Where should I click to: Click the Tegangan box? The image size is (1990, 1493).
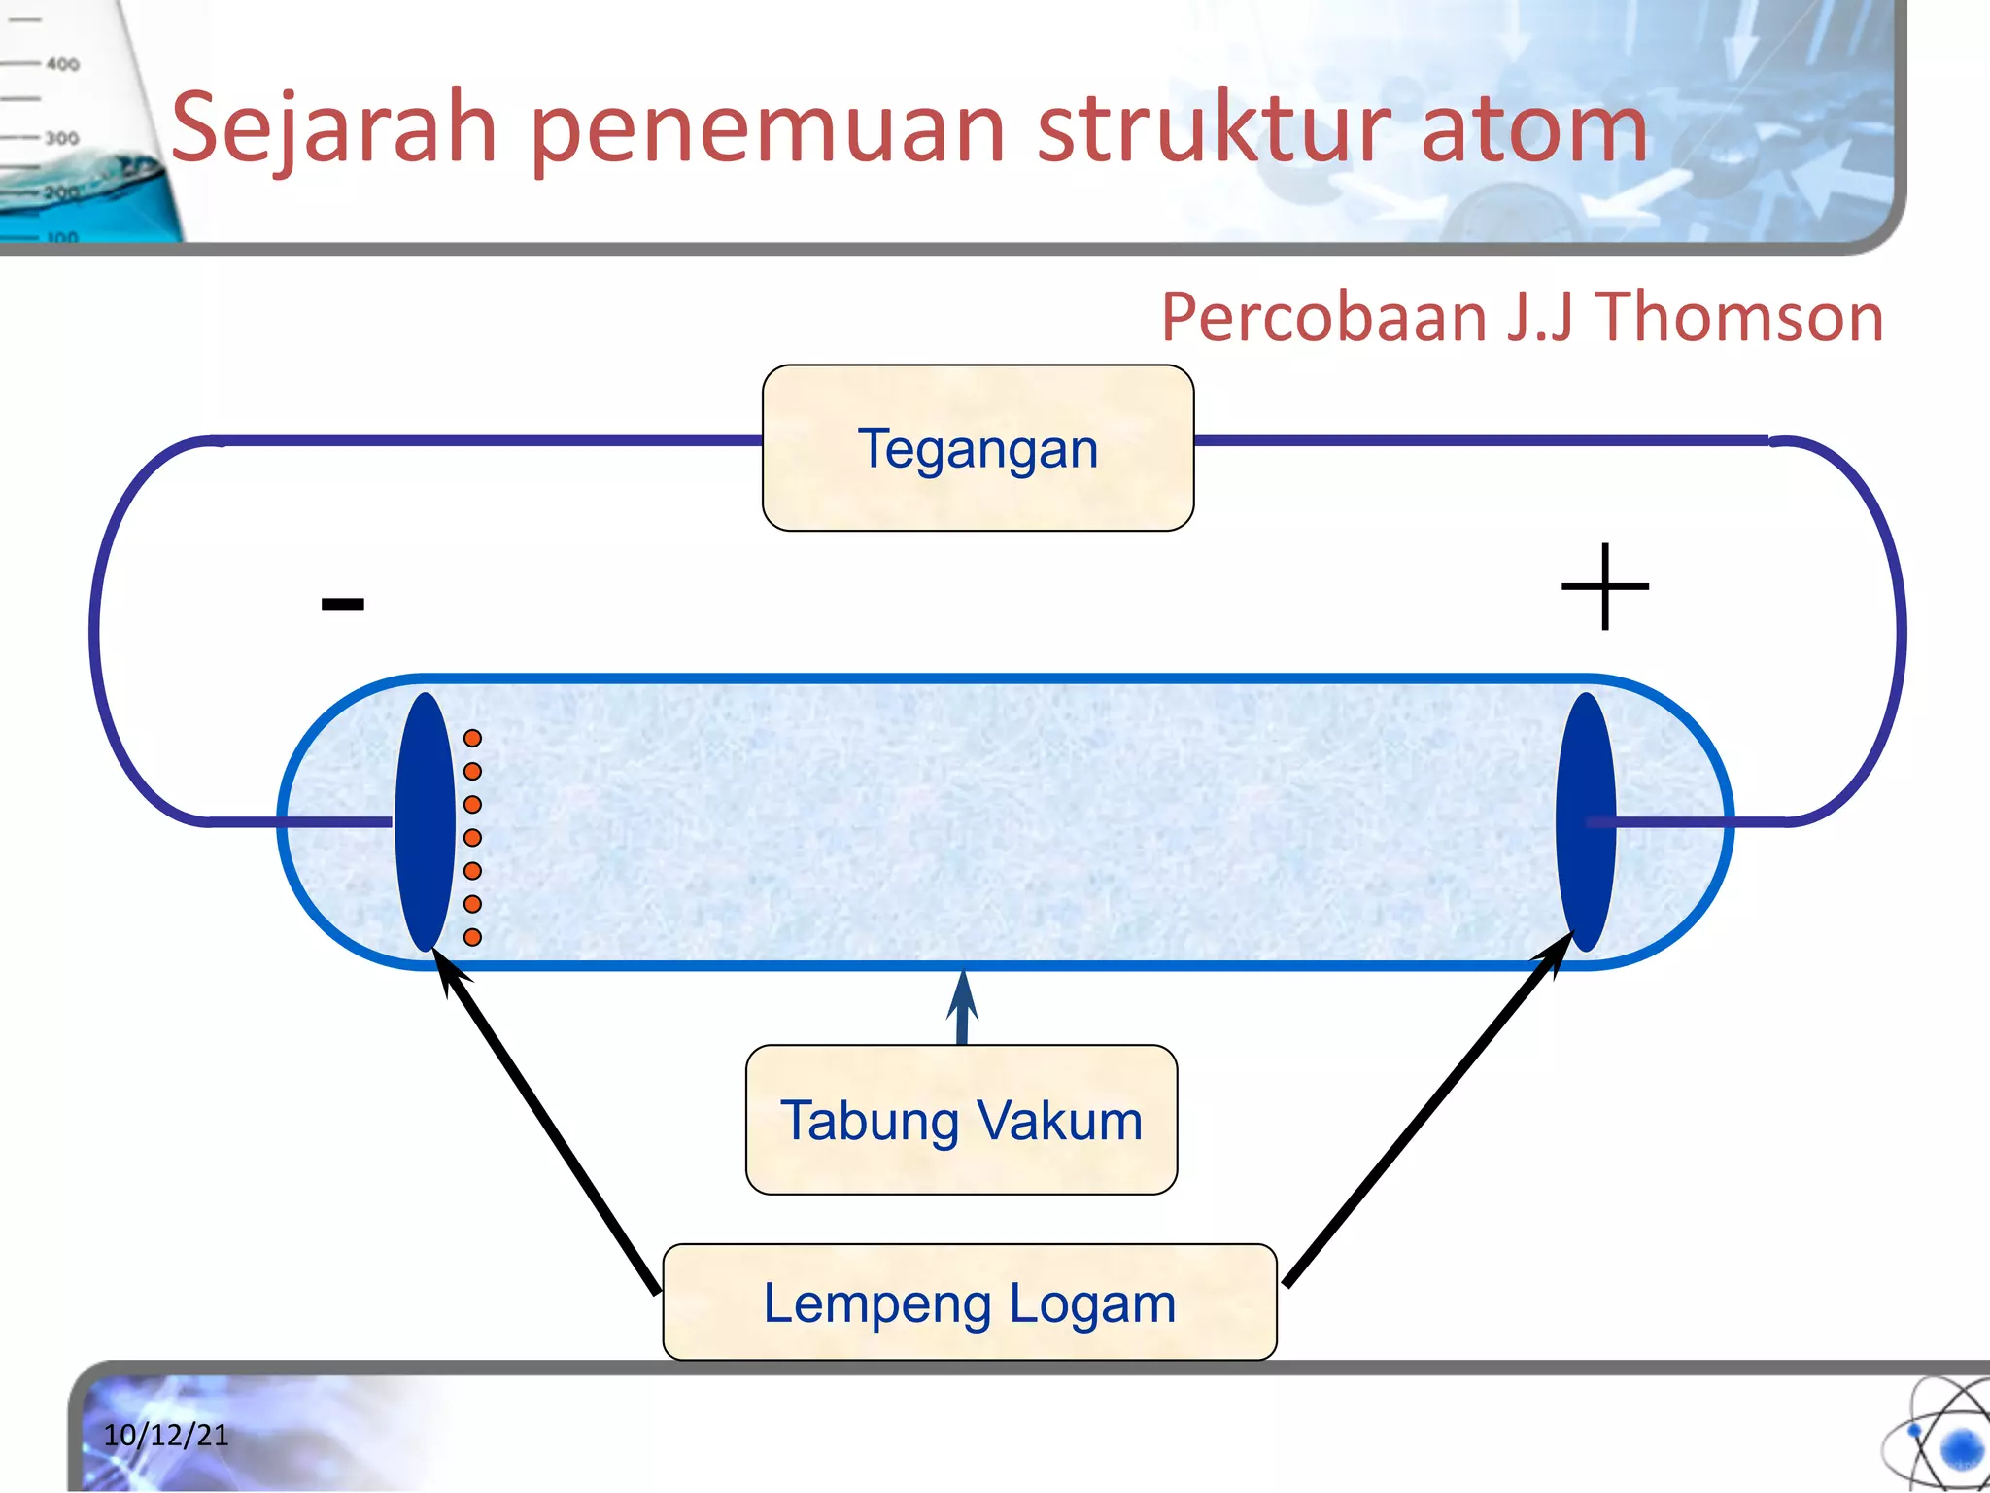pyautogui.click(x=978, y=448)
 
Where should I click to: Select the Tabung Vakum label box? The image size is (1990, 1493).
pyautogui.click(x=961, y=1120)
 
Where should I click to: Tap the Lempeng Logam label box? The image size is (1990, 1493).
pyautogui.click(x=969, y=1302)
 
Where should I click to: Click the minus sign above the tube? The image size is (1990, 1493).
pyautogui.click(x=343, y=605)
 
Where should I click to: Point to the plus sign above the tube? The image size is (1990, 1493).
pyautogui.click(x=1604, y=587)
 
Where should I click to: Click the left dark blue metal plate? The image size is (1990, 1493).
pyautogui.click(x=425, y=821)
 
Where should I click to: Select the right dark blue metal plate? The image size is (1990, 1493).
pyautogui.click(x=1585, y=821)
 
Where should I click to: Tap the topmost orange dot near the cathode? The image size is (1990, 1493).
pyautogui.click(x=472, y=738)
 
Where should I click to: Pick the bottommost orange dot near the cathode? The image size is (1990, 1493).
pyautogui.click(x=472, y=937)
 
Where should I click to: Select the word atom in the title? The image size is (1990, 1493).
pyautogui.click(x=1534, y=129)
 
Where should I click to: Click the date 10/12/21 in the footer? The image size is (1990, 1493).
pyautogui.click(x=166, y=1435)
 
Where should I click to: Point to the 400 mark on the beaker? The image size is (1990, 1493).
pyautogui.click(x=62, y=64)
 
